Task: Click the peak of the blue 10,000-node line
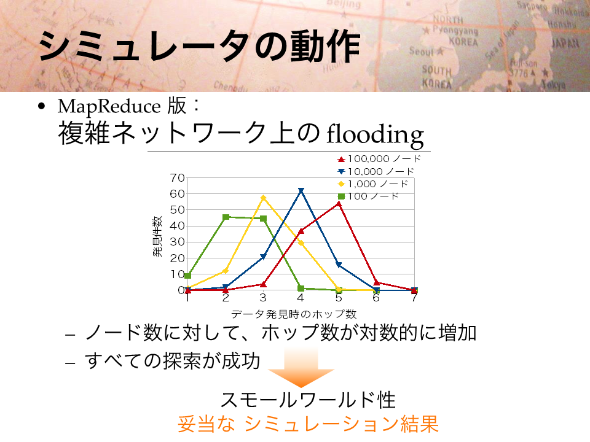(x=301, y=190)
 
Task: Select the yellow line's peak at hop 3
(x=264, y=198)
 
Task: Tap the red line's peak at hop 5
(x=339, y=204)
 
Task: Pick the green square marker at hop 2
(x=226, y=217)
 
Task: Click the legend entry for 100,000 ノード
(x=379, y=159)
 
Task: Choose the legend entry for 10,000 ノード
(x=376, y=171)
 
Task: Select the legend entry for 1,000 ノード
(x=373, y=184)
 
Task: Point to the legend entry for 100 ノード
(x=368, y=196)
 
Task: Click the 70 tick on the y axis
(x=177, y=177)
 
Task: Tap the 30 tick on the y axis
(x=177, y=242)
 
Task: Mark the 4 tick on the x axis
(x=301, y=298)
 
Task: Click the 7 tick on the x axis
(x=414, y=298)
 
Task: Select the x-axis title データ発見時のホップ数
(x=294, y=314)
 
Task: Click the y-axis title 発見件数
(x=157, y=236)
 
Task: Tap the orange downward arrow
(x=301, y=367)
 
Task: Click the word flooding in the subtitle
(x=375, y=135)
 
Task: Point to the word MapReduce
(x=109, y=107)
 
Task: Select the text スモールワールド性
(x=308, y=400)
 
